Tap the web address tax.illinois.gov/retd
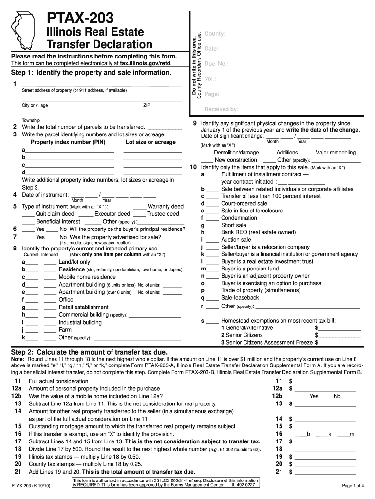pos(146,64)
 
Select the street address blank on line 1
pos(102,84)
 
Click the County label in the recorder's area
pos(215,34)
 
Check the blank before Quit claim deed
pos(28,214)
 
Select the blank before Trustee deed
pos(139,214)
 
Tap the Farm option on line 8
pos(65,330)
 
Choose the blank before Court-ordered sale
pos(212,204)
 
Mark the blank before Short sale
pos(212,226)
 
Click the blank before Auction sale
pos(212,240)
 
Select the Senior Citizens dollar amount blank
pos(339,335)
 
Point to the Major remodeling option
pos(335,153)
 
